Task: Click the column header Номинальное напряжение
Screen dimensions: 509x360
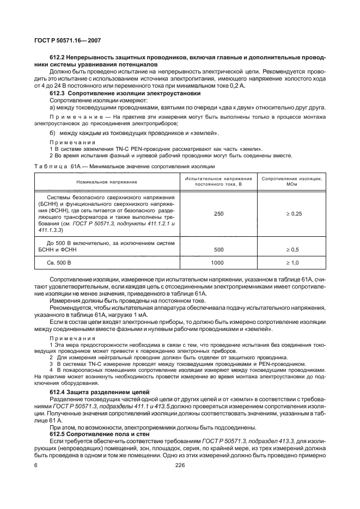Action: tap(107, 181)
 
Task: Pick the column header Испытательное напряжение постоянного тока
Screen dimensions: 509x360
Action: tap(218, 181)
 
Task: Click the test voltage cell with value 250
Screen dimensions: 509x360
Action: tap(218, 214)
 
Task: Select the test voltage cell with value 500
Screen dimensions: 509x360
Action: tap(218, 249)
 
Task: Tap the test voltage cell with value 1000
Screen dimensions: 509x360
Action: tap(218, 263)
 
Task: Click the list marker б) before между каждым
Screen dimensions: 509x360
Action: tap(53, 133)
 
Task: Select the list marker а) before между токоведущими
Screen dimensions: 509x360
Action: tap(53, 107)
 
